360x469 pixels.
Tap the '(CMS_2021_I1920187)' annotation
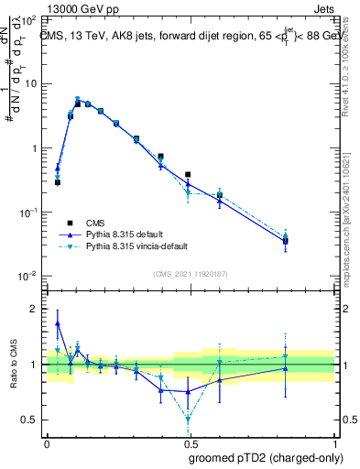[x=191, y=273]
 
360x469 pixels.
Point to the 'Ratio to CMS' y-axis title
[x=16, y=362]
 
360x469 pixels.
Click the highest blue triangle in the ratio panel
[x=58, y=323]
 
